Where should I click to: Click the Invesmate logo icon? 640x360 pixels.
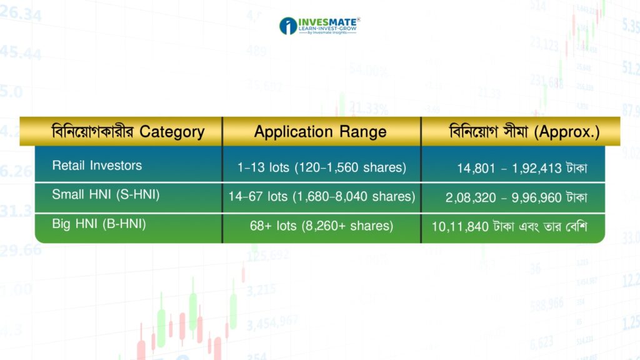[287, 26]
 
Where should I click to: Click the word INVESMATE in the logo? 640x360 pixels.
[327, 22]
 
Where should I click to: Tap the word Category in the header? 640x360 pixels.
[172, 132]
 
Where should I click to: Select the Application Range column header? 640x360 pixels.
[321, 132]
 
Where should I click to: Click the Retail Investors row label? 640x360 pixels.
[97, 165]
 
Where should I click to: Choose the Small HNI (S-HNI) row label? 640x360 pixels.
[106, 194]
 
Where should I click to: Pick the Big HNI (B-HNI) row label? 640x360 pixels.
[99, 224]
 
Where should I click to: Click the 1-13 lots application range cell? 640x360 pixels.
[322, 167]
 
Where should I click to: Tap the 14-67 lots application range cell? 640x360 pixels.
[322, 197]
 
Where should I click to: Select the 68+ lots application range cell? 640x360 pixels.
[322, 226]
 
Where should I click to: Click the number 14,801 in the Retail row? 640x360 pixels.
[476, 168]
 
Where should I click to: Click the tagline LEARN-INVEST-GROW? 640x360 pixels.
[327, 29]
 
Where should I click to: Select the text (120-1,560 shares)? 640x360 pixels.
[350, 167]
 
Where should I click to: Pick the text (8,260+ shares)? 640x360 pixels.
[347, 226]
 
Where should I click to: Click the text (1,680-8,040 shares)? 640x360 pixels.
[354, 197]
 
